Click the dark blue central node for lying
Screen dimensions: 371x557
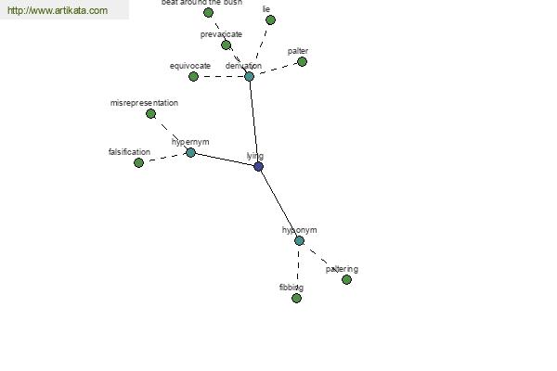(258, 166)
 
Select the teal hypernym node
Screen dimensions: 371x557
(190, 152)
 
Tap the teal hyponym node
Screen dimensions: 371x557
(299, 240)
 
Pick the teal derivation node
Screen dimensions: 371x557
(249, 76)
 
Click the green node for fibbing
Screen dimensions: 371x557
(296, 298)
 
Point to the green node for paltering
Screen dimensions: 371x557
(346, 279)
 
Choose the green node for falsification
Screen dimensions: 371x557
(138, 162)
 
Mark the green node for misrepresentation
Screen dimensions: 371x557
(150, 113)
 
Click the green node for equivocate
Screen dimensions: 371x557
(193, 76)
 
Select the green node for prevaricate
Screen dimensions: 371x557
(226, 45)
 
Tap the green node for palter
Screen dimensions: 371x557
(302, 61)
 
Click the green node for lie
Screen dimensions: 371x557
(269, 19)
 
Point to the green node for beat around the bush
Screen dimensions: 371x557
(208, 12)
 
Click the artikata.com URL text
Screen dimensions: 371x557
(58, 11)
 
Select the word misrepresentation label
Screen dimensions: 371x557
(144, 103)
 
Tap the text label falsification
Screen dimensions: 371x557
(129, 152)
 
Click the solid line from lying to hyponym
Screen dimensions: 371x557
(278, 203)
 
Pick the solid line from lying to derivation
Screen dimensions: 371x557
(253, 121)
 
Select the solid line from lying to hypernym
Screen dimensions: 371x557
(224, 159)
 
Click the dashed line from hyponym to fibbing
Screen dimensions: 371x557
(298, 269)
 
